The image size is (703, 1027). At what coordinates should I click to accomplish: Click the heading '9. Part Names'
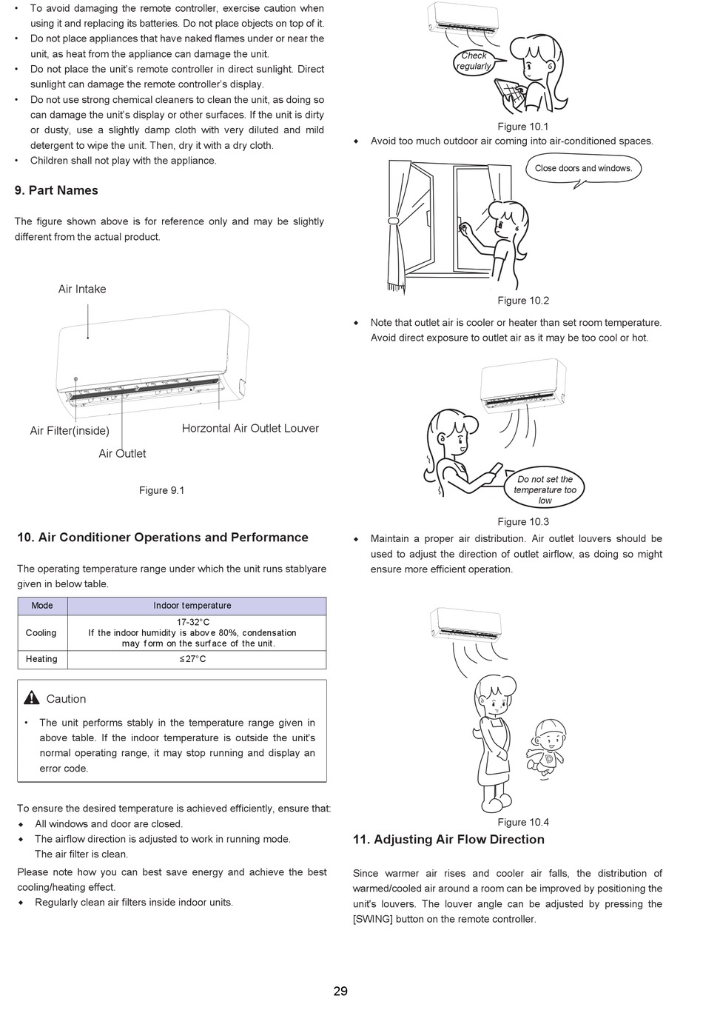click(x=56, y=190)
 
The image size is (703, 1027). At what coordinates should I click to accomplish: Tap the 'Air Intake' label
click(x=82, y=289)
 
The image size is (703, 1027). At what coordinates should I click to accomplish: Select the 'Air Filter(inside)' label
click(x=70, y=431)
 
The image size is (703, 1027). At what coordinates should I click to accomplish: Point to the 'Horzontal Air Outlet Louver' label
click(x=250, y=428)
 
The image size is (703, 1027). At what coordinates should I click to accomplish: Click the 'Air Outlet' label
click(x=122, y=453)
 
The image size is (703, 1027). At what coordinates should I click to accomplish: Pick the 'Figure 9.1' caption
click(x=161, y=490)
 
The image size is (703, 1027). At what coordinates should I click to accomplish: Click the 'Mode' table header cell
click(x=42, y=606)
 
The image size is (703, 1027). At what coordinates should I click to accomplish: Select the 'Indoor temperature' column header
click(x=192, y=606)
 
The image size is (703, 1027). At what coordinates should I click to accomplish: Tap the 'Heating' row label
click(x=41, y=659)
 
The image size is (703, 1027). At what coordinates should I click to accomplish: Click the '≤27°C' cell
click(x=192, y=659)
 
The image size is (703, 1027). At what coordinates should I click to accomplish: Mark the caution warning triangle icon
click(x=31, y=698)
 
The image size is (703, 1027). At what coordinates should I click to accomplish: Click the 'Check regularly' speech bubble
click(x=474, y=61)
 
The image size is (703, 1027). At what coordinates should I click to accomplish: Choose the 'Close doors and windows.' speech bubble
click(x=583, y=169)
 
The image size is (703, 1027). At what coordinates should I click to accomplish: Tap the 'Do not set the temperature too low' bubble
click(x=545, y=489)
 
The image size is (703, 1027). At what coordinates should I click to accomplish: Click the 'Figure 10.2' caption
click(x=523, y=301)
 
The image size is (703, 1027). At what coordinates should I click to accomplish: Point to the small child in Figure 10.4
click(x=548, y=748)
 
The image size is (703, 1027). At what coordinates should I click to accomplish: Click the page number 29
click(x=340, y=991)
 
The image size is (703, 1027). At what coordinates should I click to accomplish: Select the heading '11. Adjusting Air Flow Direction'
click(x=448, y=840)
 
